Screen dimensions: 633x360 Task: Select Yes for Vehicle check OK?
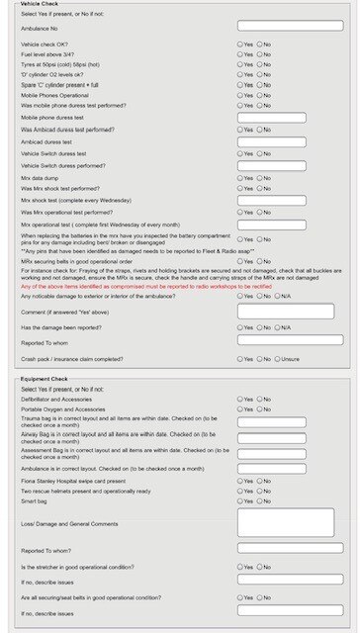(240, 45)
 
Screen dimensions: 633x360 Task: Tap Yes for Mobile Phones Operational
(240, 94)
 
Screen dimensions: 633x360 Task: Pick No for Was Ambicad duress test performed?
(259, 130)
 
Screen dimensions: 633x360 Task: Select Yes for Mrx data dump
(240, 178)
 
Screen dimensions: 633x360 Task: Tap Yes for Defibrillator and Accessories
(240, 400)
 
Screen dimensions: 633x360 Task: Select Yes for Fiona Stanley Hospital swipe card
(240, 481)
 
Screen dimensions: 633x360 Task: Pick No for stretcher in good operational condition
(259, 567)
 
